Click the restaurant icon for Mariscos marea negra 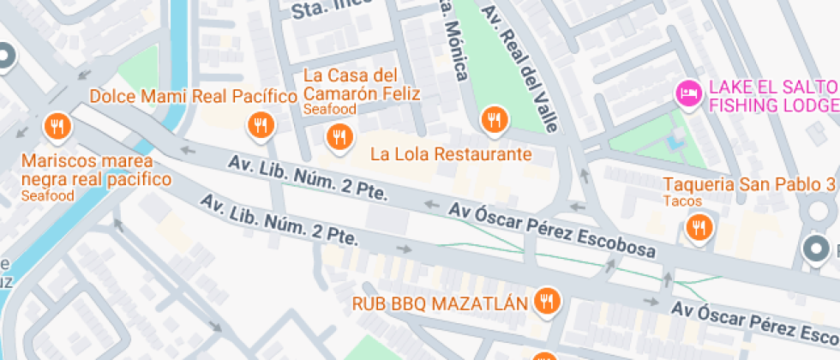(58, 128)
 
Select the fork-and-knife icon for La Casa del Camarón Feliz (339, 136)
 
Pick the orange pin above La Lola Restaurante (493, 120)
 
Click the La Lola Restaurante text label (451, 155)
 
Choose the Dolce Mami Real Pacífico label (193, 95)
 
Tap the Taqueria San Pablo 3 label (749, 184)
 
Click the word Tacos (682, 201)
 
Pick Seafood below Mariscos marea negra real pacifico (47, 196)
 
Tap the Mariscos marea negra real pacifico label (95, 171)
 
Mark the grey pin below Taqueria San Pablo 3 (817, 249)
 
